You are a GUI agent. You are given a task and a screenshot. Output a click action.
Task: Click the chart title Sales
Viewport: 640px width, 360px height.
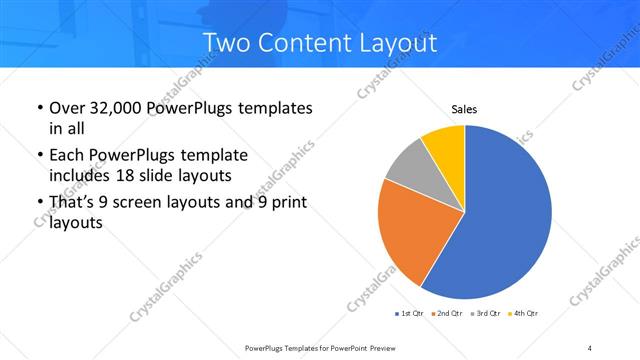(464, 109)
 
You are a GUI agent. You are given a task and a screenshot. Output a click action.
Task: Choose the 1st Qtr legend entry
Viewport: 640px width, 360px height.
(411, 314)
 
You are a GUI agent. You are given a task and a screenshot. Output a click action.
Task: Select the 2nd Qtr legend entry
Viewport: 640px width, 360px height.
(446, 314)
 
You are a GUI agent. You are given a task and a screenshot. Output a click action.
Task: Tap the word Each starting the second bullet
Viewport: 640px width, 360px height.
(67, 156)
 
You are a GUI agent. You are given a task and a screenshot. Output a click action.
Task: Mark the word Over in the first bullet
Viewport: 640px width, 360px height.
(68, 107)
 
